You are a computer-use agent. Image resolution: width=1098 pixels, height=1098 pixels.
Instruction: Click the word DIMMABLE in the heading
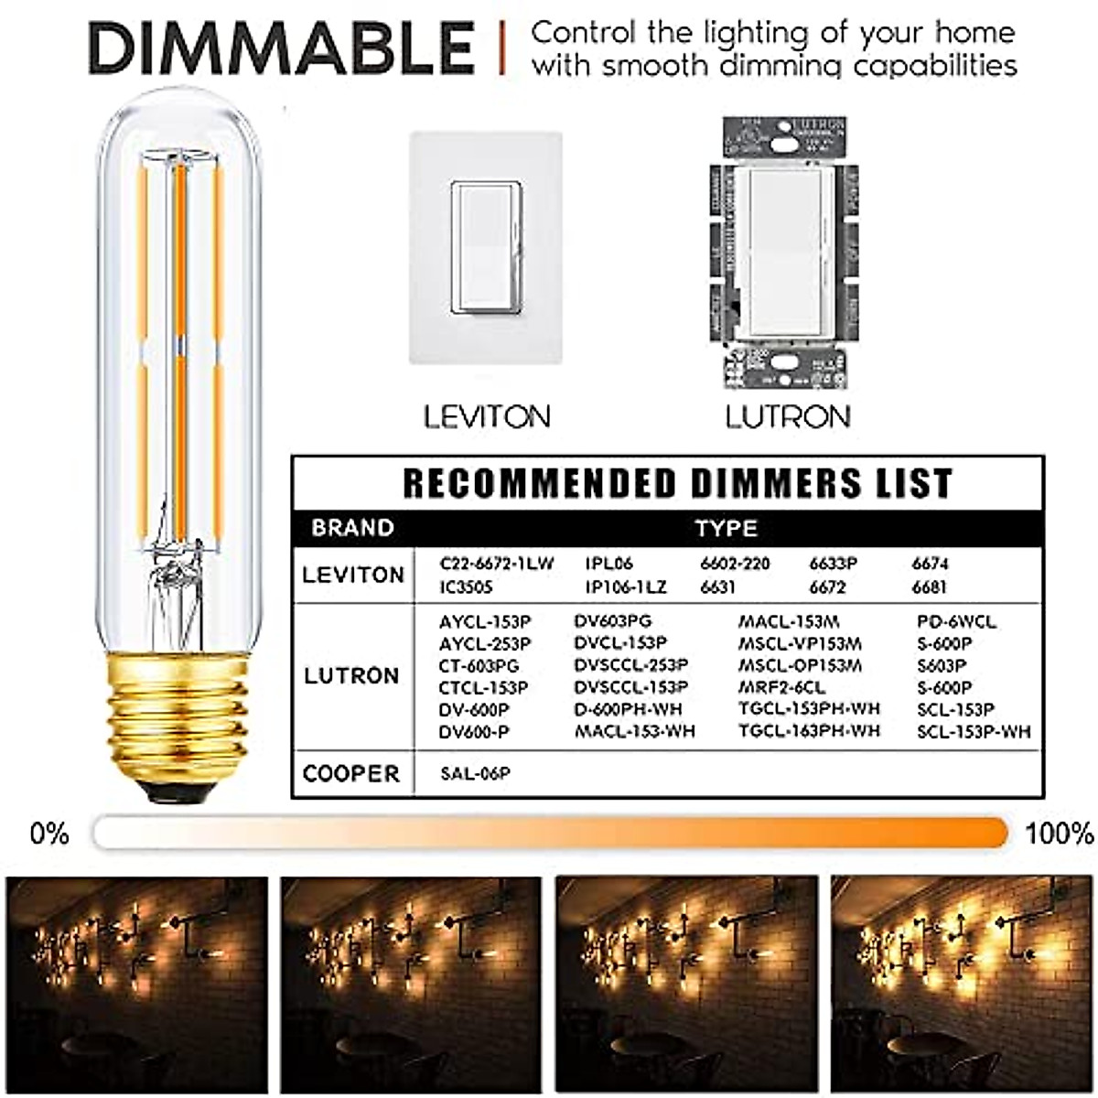282,48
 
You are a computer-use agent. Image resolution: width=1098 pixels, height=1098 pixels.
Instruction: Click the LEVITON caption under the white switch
486,417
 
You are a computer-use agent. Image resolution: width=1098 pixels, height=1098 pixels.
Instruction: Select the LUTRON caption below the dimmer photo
788,417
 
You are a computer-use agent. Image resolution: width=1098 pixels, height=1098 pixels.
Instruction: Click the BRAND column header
352,528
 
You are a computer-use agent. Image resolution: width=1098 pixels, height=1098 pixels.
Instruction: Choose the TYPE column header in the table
726,528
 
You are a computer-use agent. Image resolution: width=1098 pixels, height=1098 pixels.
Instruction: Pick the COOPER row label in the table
351,773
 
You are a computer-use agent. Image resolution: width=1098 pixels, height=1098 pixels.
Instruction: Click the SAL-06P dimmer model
475,774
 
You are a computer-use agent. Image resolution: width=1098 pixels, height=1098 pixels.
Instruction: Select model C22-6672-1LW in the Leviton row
496,564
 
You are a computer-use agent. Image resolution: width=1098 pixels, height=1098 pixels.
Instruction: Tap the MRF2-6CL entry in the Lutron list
781,687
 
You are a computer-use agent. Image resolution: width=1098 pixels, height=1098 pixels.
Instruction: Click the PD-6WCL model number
956,622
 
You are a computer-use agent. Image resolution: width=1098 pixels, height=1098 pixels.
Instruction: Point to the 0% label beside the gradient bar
49,834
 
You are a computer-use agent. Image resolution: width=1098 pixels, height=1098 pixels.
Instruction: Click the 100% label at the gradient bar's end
1059,834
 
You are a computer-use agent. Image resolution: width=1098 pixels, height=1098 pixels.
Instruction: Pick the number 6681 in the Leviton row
930,587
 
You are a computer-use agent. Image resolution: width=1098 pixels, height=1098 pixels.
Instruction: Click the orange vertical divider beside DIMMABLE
501,48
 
